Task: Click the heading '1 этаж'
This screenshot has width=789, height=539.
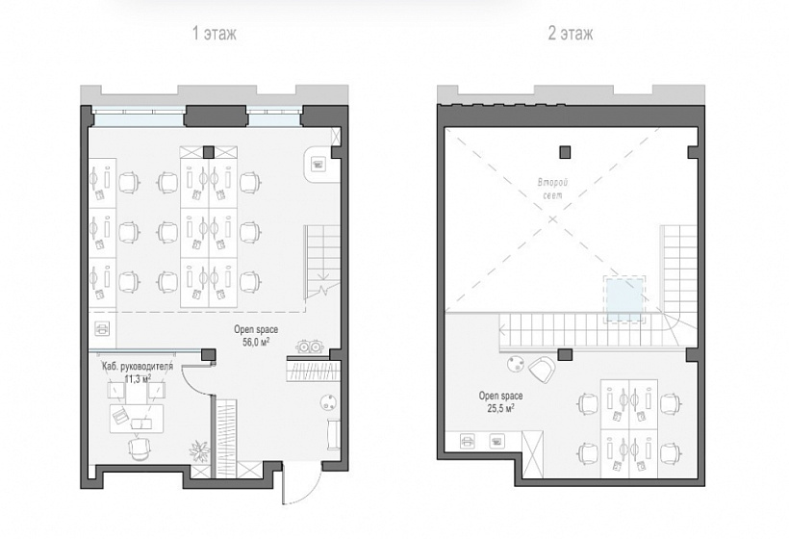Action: click(214, 34)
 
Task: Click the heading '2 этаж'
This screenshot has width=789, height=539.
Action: click(571, 34)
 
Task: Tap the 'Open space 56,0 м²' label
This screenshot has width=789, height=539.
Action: click(254, 334)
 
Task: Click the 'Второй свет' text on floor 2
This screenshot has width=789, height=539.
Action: click(552, 188)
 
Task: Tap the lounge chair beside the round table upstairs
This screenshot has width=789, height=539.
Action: click(544, 369)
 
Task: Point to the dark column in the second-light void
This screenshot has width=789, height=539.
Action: click(564, 151)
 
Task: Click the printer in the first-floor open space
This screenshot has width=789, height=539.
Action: click(103, 329)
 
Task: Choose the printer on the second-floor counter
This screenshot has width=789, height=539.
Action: click(497, 441)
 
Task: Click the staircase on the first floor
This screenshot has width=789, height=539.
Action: click(320, 258)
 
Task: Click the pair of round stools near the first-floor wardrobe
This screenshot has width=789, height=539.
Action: click(310, 346)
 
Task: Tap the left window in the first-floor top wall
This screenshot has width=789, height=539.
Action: click(140, 119)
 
